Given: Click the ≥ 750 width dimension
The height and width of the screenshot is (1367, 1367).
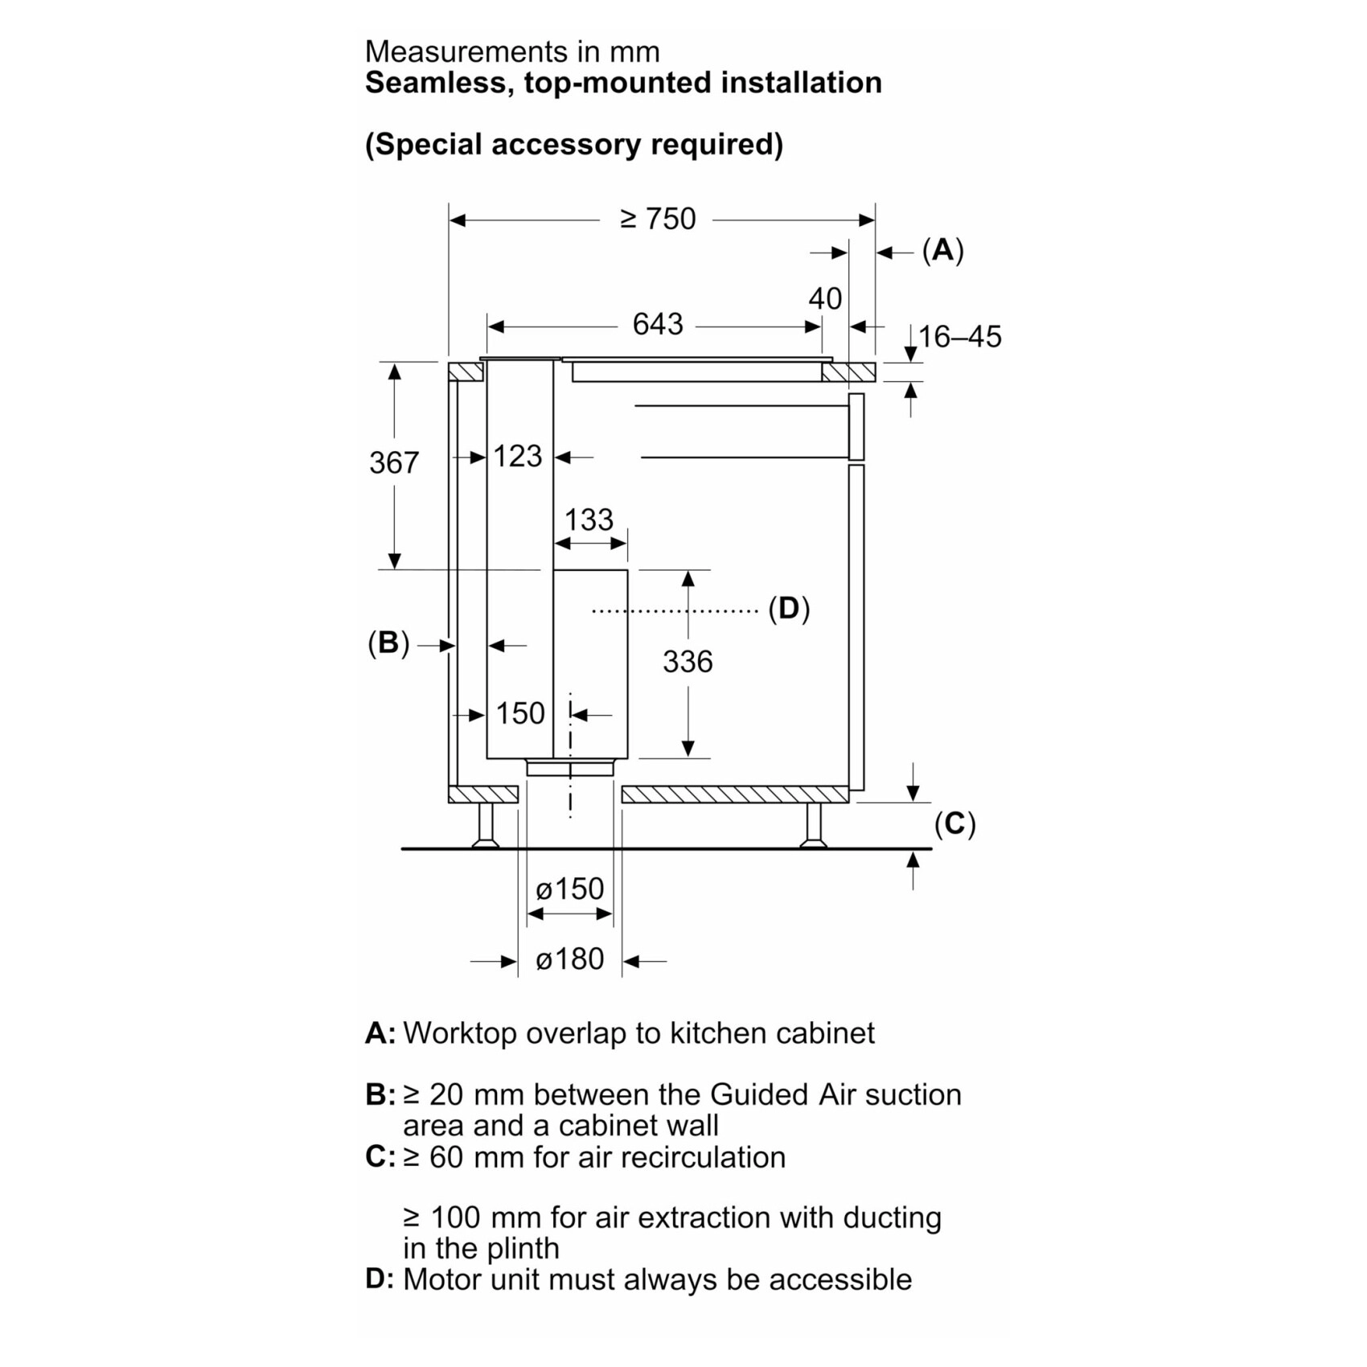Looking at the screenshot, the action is [658, 219].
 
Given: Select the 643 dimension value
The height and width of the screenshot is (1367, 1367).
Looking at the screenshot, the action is [658, 324].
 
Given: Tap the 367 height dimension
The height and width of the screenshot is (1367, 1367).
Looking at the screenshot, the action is [394, 462].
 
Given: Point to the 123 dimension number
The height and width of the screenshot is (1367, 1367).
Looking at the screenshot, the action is [518, 456].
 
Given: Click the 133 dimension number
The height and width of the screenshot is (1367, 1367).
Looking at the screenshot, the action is [589, 519].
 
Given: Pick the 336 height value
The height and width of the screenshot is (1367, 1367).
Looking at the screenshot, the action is [688, 662].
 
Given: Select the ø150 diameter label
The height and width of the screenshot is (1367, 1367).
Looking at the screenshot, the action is [569, 889].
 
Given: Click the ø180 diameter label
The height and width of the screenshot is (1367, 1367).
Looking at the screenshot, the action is [569, 959].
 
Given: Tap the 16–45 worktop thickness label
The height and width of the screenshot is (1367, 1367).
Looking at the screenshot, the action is [960, 336].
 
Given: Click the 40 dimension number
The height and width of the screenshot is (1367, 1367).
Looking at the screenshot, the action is [825, 298].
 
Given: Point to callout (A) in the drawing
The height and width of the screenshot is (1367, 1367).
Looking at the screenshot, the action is [942, 250].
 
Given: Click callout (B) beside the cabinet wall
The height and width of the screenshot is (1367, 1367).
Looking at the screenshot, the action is [388, 642].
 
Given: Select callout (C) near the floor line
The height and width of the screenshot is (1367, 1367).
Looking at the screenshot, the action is [954, 823].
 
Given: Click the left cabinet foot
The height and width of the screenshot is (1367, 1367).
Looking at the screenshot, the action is [485, 825].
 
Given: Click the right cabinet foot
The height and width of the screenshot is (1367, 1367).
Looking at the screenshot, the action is [814, 825].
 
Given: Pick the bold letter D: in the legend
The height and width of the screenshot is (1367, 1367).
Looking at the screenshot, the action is [380, 1279].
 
